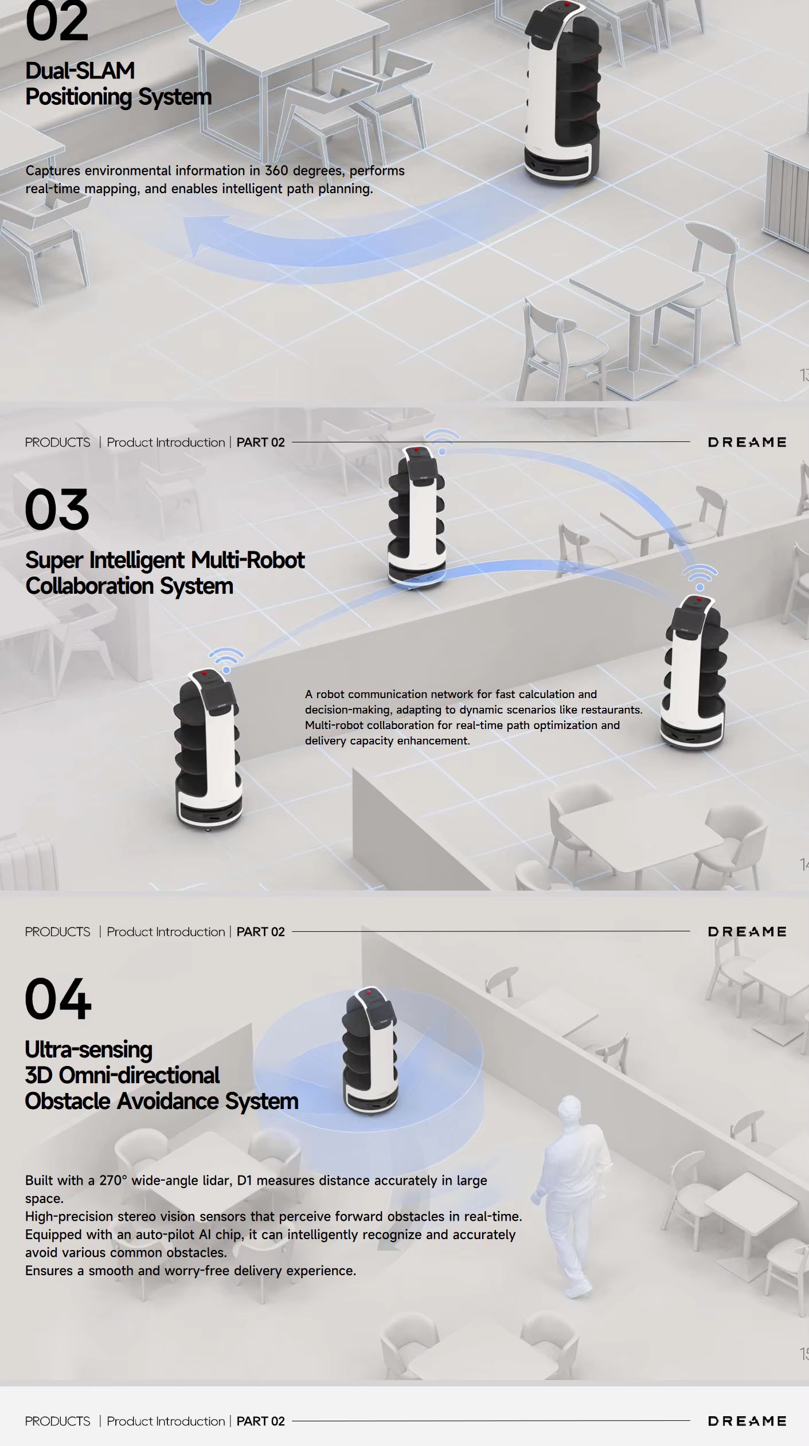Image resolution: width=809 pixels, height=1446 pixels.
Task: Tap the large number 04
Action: [58, 999]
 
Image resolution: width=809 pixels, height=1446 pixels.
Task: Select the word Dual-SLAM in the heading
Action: [80, 71]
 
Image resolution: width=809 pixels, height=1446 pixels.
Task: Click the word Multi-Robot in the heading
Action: [247, 560]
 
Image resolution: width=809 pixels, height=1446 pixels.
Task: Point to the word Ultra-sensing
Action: [88, 1050]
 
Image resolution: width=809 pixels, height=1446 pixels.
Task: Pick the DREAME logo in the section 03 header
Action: [747, 442]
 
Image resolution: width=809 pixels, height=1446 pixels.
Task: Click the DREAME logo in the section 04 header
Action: [747, 932]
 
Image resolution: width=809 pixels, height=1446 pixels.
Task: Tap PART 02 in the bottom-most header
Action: [260, 1421]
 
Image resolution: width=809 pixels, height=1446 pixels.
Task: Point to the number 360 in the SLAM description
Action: [276, 171]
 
